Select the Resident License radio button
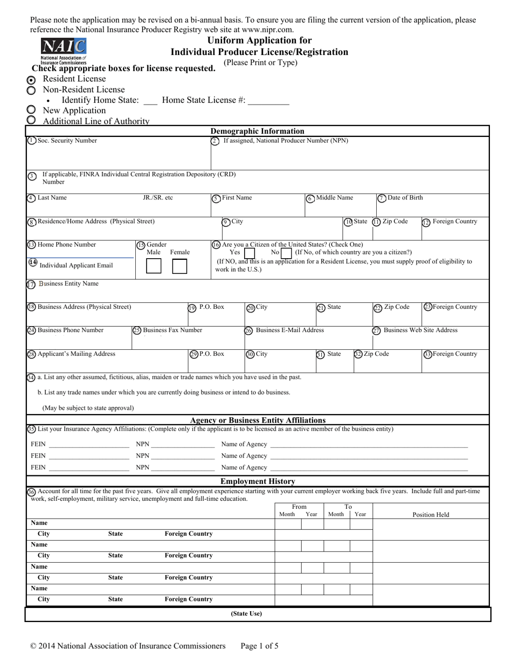click(31, 80)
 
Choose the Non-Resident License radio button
click(31, 90)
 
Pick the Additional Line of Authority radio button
click(31, 120)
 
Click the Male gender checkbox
click(154, 266)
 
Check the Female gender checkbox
click(179, 266)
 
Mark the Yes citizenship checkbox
click(250, 252)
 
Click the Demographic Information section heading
click(257, 131)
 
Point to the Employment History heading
click(258, 481)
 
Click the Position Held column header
click(431, 515)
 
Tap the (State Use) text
click(246, 613)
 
